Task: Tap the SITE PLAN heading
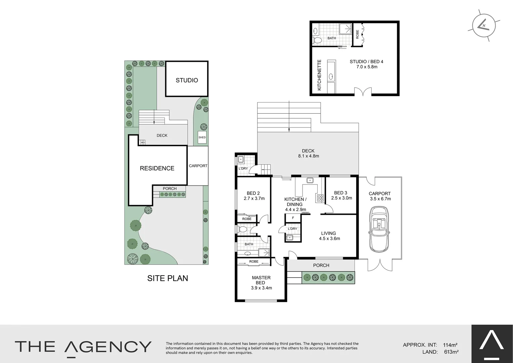[x=168, y=278]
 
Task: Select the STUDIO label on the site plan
[x=187, y=80]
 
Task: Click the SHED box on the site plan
[x=202, y=137]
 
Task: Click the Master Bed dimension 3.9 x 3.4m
[x=261, y=288]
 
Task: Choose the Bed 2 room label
[x=253, y=193]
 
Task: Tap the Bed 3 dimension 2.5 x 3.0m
[x=341, y=198]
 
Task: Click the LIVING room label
[x=328, y=233]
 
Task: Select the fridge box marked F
[x=293, y=218]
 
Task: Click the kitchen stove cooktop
[x=320, y=198]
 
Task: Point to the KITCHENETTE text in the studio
[x=320, y=75]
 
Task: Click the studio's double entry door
[x=363, y=91]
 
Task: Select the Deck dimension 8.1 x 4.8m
[x=308, y=156]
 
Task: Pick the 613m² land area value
[x=451, y=352]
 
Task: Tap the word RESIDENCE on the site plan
[x=157, y=168]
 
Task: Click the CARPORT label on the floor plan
[x=380, y=194]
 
